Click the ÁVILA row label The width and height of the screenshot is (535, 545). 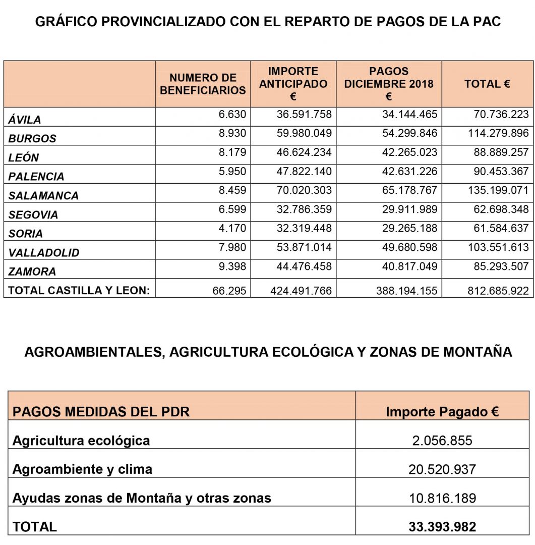[25, 120]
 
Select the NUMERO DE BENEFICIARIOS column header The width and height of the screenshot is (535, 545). [203, 84]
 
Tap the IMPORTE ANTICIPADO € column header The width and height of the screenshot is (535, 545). [293, 84]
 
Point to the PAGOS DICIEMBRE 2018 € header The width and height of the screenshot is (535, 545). [389, 84]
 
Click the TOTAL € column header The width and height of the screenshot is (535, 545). [487, 84]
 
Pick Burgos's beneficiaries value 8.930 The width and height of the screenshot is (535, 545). [232, 134]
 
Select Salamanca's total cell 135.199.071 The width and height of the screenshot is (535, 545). [501, 191]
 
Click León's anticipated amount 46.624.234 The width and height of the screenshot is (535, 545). [304, 152]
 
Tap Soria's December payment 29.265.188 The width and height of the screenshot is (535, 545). [409, 229]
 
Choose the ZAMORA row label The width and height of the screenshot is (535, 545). [32, 271]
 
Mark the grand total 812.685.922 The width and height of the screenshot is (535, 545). [501, 291]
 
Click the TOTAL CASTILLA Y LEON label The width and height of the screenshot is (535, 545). [79, 290]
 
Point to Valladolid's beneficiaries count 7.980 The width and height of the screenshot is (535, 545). [232, 248]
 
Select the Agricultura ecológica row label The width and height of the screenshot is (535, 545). [81, 441]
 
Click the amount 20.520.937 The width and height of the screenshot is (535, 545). [442, 470]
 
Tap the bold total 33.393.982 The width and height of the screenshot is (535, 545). [442, 527]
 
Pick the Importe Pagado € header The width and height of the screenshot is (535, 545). [442, 412]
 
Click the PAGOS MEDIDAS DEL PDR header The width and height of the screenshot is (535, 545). [101, 412]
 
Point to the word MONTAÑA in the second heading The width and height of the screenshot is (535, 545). [477, 352]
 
